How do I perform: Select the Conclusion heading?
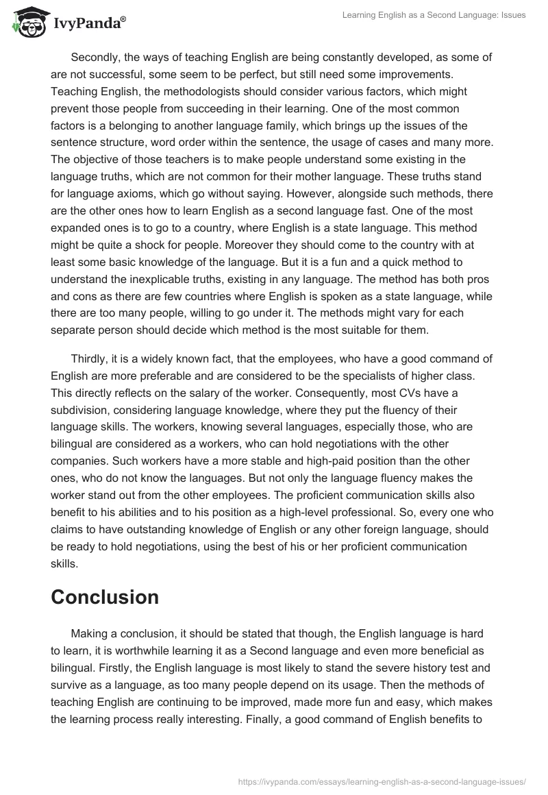click(105, 596)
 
